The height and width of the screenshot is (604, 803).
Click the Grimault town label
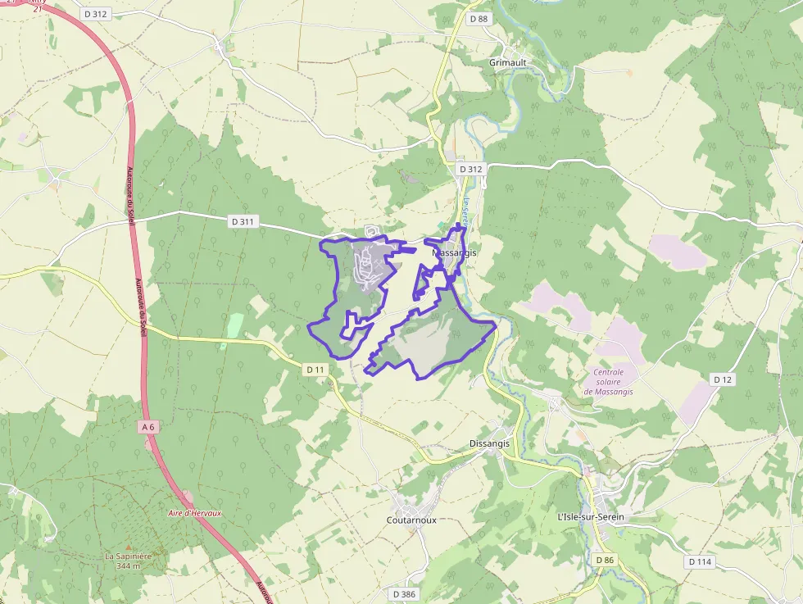point(508,62)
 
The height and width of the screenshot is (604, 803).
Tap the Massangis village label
point(454,253)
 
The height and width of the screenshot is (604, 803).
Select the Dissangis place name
point(489,443)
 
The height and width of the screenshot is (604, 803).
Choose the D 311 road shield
point(243,221)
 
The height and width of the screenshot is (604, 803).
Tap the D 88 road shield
point(479,19)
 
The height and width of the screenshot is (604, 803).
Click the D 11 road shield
point(315,370)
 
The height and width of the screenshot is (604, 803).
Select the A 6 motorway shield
point(147,427)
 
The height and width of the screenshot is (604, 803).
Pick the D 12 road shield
point(722,379)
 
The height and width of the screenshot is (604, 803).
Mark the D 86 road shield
point(605,560)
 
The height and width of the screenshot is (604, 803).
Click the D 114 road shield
point(700,561)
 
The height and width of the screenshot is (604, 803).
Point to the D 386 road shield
point(404,593)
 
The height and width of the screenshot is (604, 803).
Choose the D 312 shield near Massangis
point(471,169)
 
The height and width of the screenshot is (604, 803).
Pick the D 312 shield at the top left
point(96,14)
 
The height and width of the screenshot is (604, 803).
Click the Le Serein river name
point(465,215)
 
